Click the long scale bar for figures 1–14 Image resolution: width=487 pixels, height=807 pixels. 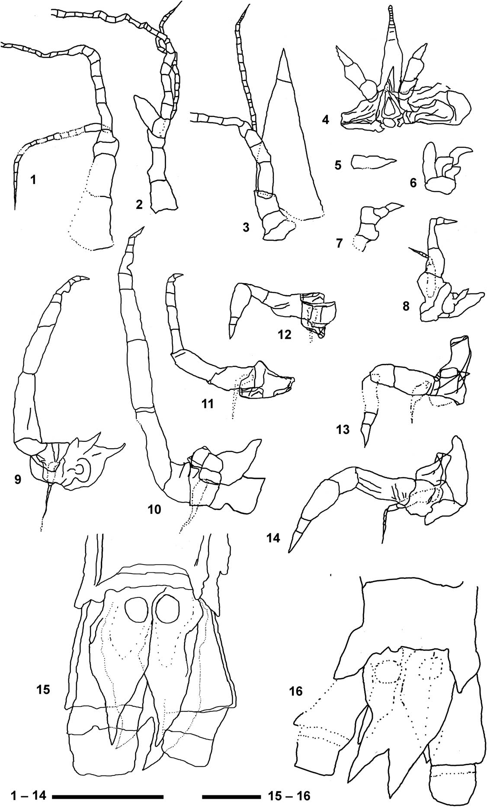107,795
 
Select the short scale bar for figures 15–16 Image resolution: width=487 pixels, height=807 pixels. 230,795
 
